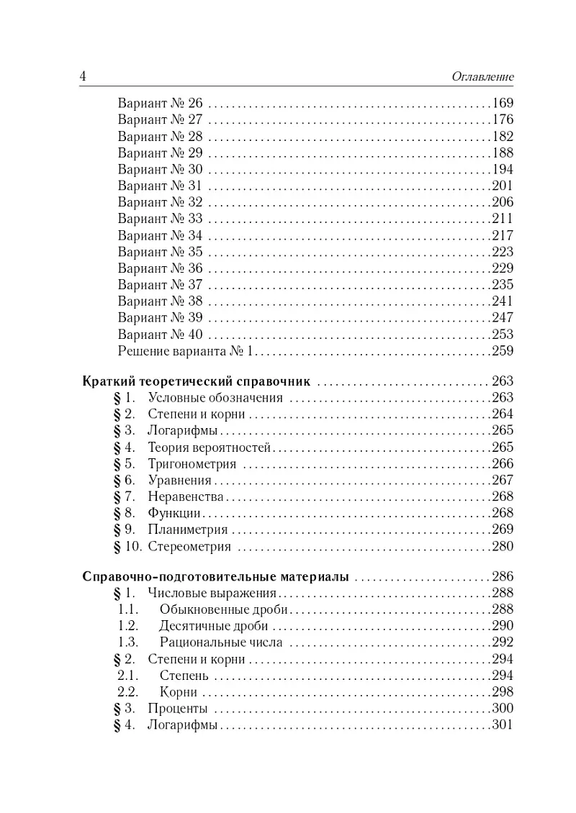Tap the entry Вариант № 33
pos(160,219)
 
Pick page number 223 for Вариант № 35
pos(501,252)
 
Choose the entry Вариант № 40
pos(160,335)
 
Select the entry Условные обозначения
pos(215,397)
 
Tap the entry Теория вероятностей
pos(209,448)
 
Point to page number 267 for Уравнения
pos(501,481)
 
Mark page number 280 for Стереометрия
pos(501,547)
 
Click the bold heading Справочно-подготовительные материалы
pos(216,577)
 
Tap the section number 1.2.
pos(128,626)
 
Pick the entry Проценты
pos(177,709)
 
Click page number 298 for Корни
pos(501,692)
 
